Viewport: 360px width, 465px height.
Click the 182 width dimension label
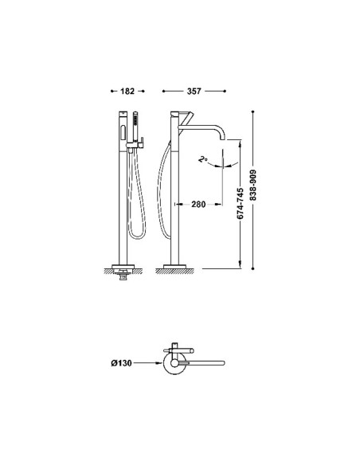click(127, 92)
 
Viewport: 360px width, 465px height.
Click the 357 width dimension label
click(194, 92)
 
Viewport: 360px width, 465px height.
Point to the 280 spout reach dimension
click(198, 205)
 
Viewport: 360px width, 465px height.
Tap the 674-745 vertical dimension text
click(241, 204)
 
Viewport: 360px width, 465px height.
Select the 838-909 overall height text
click(253, 185)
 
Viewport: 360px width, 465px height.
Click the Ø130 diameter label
click(121, 363)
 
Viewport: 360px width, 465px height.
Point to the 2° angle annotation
click(203, 159)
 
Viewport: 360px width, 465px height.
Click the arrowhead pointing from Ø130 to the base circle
click(160, 363)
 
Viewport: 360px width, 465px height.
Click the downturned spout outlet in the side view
click(222, 136)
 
